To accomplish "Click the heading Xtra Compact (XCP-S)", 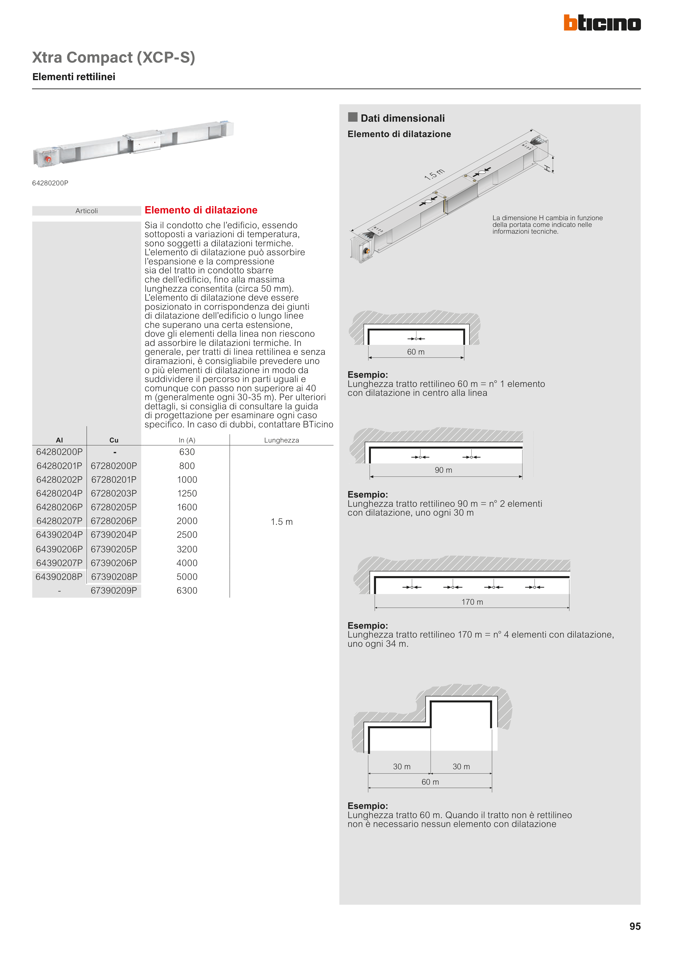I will point(114,57).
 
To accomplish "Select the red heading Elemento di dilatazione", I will point(201,210).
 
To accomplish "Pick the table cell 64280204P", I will point(59,493).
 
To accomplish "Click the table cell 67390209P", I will point(114,591).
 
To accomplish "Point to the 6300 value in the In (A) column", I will point(187,591).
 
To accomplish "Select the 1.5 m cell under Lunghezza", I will point(282,522).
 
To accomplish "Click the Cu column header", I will point(114,440).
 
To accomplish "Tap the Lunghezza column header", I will point(282,440).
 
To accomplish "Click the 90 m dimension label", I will point(443,470).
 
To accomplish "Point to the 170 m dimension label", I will point(472,602).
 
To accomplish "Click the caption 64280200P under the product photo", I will point(50,183).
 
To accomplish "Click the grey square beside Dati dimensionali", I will point(353,117).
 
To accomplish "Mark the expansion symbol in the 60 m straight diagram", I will point(416,339).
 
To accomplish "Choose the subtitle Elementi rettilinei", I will point(74,77).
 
